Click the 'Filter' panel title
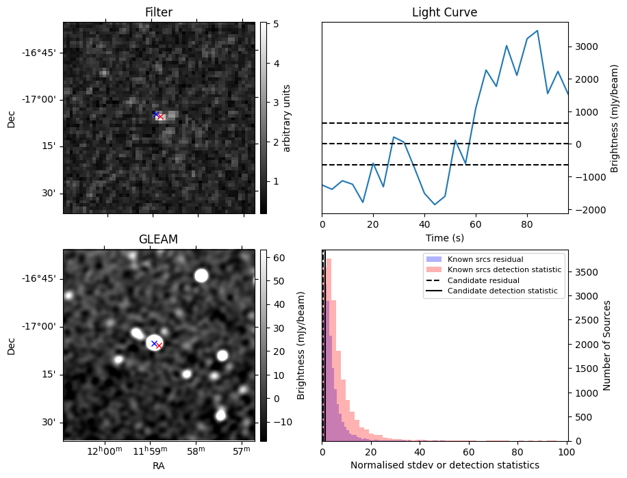pos(159,12)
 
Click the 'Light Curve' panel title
pos(444,12)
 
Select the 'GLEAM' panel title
pos(159,239)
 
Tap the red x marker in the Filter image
pos(160,117)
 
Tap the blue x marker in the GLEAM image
pos(154,343)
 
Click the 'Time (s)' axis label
pos(444,237)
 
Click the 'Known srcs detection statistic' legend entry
pos(504,270)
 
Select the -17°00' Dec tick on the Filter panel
pos(44,99)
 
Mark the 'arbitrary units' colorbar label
pos(287,118)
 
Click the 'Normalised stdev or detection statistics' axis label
pos(444,465)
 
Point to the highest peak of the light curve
pos(537,31)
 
